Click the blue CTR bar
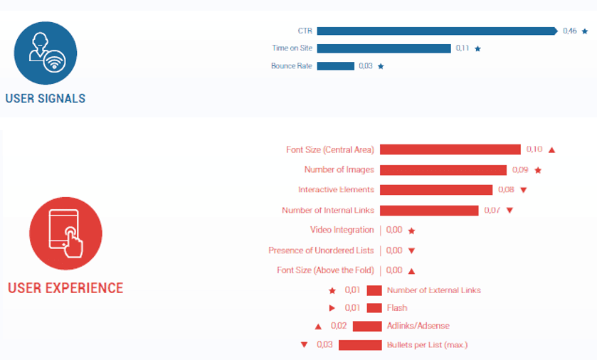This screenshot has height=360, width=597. (436, 31)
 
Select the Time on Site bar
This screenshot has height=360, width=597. (384, 48)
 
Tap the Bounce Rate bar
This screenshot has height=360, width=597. (335, 66)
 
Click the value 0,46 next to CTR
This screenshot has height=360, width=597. (569, 31)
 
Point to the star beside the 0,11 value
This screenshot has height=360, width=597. (477, 48)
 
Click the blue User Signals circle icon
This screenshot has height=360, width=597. (45, 53)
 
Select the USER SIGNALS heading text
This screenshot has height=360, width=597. (45, 98)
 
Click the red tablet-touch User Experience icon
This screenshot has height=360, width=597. (65, 233)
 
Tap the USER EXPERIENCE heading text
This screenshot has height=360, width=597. (65, 288)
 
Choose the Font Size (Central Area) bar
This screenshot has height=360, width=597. (450, 149)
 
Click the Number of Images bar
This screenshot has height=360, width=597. (443, 170)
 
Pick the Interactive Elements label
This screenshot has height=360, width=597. (336, 190)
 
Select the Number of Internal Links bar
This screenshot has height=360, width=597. (428, 210)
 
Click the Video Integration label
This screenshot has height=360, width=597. (342, 230)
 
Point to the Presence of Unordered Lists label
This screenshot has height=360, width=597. (321, 250)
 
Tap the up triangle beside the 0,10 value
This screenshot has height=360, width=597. (551, 150)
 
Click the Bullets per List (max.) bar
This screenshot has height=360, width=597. (360, 345)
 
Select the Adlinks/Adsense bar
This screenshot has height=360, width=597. (367, 326)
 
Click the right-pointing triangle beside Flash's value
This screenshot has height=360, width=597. (332, 308)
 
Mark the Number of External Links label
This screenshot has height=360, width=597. (433, 290)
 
